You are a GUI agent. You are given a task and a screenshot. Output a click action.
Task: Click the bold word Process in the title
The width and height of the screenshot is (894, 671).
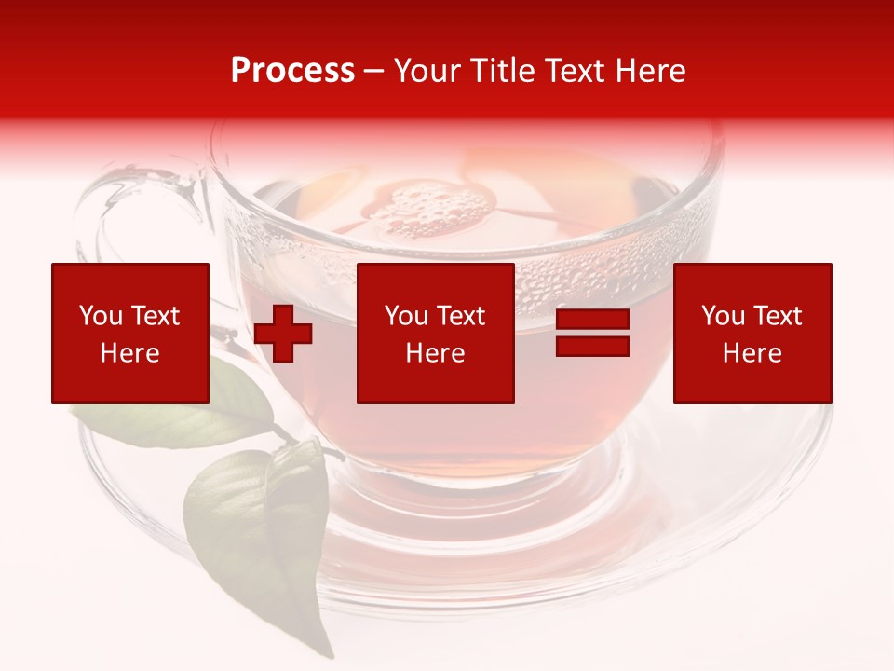pyautogui.click(x=292, y=71)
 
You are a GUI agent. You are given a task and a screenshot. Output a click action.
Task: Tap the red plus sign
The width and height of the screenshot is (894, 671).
pyautogui.click(x=283, y=334)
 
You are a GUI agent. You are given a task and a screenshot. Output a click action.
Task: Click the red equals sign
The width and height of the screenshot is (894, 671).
pyautogui.click(x=593, y=334)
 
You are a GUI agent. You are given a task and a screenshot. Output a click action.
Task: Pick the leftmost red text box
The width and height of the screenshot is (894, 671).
pyautogui.click(x=130, y=333)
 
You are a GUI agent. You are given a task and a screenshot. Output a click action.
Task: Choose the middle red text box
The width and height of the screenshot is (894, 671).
pyautogui.click(x=436, y=333)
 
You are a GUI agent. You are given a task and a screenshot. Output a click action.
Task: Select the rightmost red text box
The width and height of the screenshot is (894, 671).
pyautogui.click(x=752, y=333)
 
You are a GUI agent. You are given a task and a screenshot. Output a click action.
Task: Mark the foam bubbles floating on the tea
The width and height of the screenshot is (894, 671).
pyautogui.click(x=428, y=210)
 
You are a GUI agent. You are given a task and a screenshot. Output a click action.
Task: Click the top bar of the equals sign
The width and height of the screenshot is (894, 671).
pyautogui.click(x=593, y=321)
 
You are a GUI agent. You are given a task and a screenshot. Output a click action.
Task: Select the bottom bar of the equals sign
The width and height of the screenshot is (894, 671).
pyautogui.click(x=593, y=346)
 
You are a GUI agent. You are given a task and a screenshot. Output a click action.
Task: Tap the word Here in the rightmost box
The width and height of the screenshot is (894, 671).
pyautogui.click(x=752, y=353)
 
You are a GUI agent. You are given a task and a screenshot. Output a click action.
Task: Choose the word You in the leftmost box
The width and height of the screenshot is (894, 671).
pyautogui.click(x=102, y=316)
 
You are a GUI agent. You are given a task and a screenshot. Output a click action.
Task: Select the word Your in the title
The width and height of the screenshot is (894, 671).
pyautogui.click(x=428, y=71)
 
